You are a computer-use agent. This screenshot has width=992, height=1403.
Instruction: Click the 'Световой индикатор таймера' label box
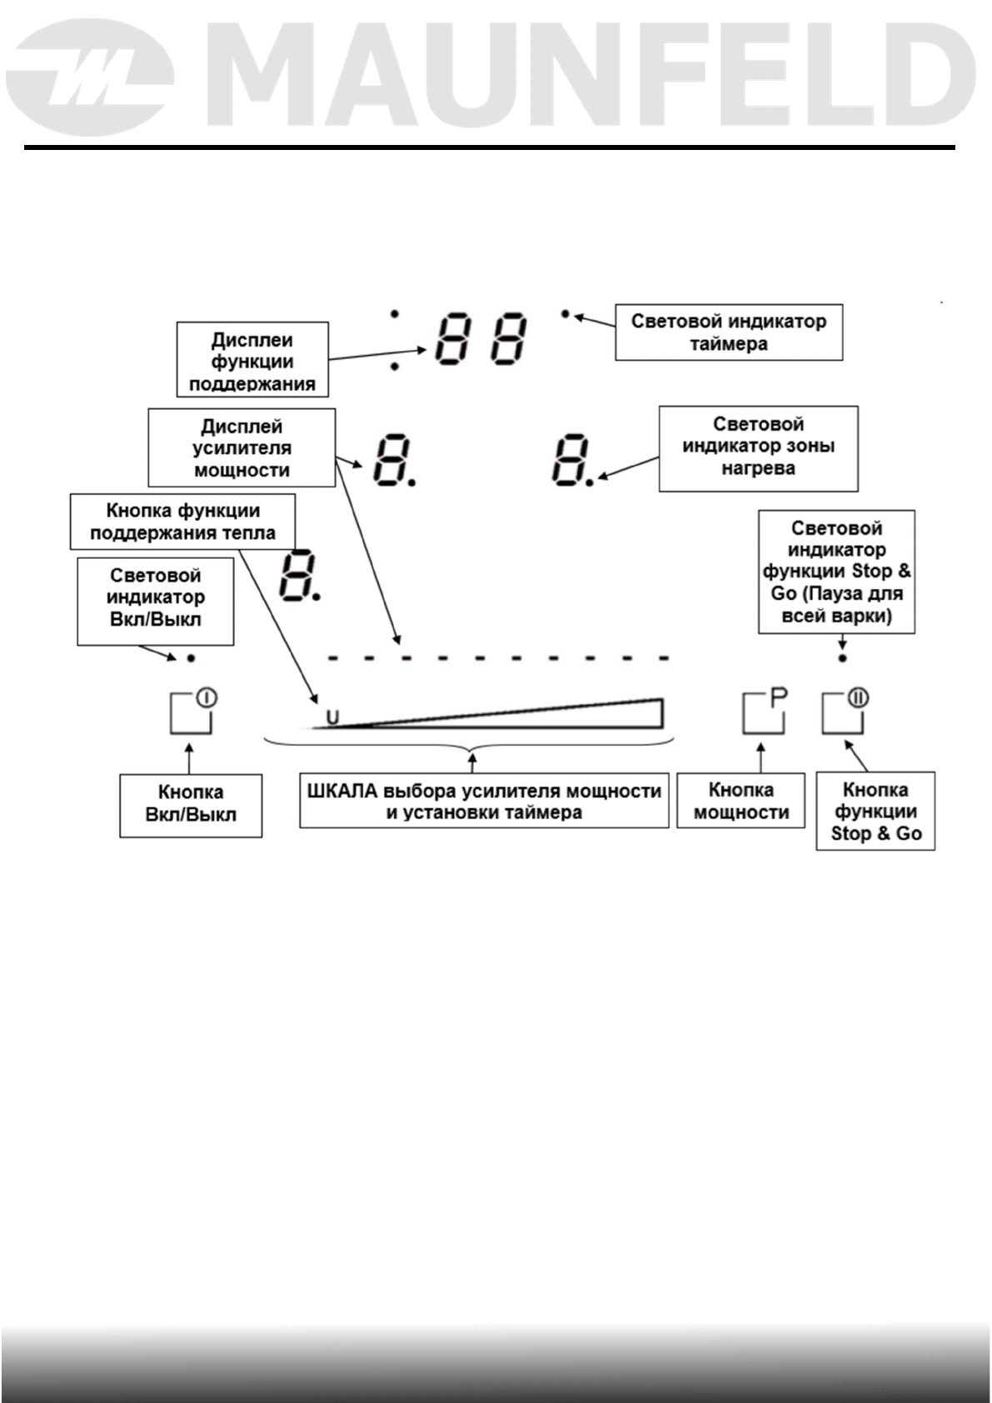729,332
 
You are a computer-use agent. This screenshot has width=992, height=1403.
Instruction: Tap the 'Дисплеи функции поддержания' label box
252,360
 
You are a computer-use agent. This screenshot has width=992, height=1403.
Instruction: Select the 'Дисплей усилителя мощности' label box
242,447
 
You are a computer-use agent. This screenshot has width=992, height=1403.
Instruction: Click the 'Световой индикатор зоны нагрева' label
758,448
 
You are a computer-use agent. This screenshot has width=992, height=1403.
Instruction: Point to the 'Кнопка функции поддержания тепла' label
182,522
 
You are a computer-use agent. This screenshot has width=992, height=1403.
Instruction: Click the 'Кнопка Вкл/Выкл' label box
191,805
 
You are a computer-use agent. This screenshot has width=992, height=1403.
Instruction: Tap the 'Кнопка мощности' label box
740,801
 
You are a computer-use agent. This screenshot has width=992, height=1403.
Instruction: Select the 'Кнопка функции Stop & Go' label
875,811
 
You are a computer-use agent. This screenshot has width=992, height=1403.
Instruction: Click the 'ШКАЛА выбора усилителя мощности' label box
484,801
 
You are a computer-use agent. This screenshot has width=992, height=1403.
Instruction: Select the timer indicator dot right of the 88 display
566,314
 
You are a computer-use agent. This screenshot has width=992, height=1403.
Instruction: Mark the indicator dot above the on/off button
191,658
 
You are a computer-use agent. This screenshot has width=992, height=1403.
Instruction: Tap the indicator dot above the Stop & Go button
843,658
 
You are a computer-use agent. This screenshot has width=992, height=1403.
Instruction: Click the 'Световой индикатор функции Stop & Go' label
836,572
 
